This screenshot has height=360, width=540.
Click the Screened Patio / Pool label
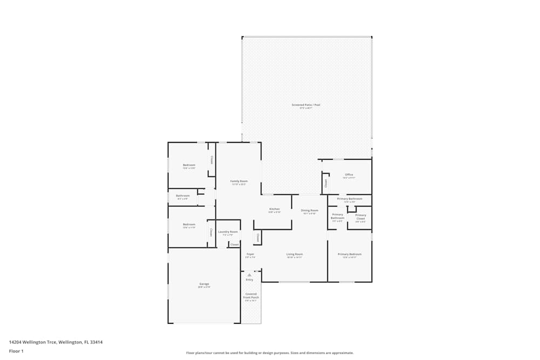pos(306,105)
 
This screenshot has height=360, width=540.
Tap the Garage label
pos(204,284)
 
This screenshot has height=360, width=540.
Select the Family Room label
pos(239,181)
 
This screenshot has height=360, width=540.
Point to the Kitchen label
pos(274,209)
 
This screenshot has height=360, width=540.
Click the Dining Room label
pos(309,210)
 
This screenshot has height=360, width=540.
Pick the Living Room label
pos(294,254)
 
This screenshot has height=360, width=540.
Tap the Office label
pos(349,175)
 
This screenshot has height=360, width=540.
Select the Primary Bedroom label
pos(349,254)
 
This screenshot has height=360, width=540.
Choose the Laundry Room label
pos(228,232)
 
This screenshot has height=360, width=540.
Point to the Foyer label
pos(250,254)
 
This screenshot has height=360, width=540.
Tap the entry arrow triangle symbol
pos(249,275)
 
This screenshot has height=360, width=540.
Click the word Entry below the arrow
pos(249,280)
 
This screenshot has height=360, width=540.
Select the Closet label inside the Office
pos(326,183)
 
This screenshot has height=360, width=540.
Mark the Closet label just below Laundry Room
pos(234,244)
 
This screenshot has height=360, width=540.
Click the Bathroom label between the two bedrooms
pos(183,196)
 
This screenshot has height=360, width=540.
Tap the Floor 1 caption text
pos(16,351)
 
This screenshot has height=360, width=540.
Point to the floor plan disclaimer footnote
pos(270,353)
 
